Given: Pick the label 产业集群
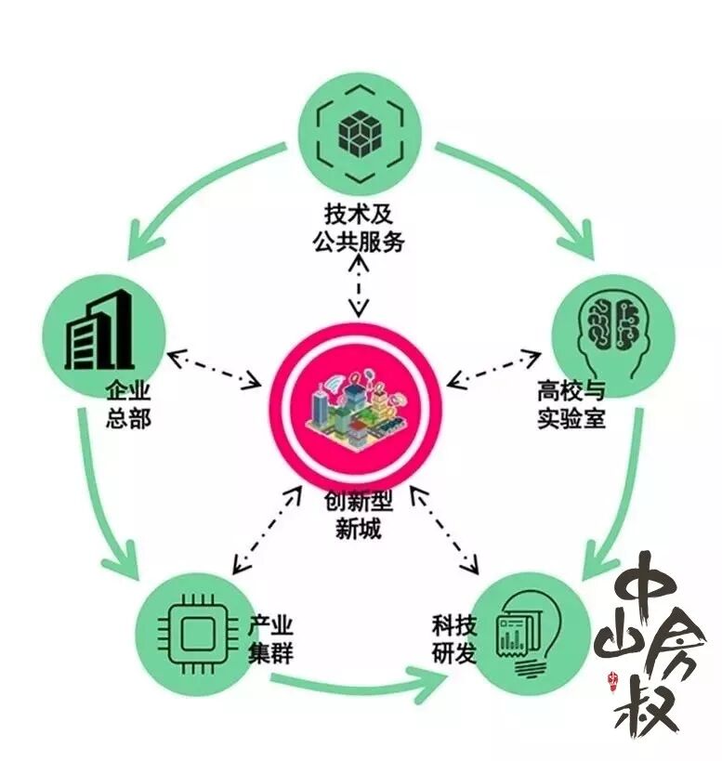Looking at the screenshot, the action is (x=270, y=636).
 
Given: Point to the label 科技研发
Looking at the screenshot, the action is (x=453, y=637).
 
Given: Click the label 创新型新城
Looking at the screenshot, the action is (x=358, y=516).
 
